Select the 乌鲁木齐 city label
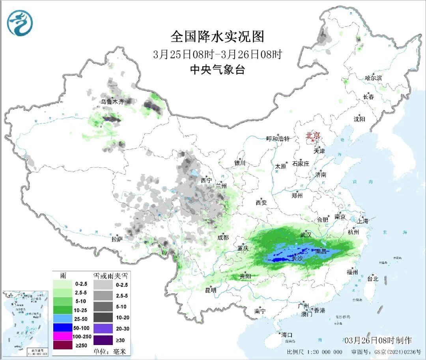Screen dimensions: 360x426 coord(112,102)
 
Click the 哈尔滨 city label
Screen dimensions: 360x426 coord(373,78)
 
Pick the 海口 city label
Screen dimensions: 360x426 coord(287,335)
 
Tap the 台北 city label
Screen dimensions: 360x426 coord(372,279)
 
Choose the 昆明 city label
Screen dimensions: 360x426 coord(211,290)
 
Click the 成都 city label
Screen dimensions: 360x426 coord(223,237)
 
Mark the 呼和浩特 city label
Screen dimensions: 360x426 coord(278,139)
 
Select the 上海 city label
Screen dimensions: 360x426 coord(362,221)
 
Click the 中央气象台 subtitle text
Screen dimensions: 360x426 coord(217,70)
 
